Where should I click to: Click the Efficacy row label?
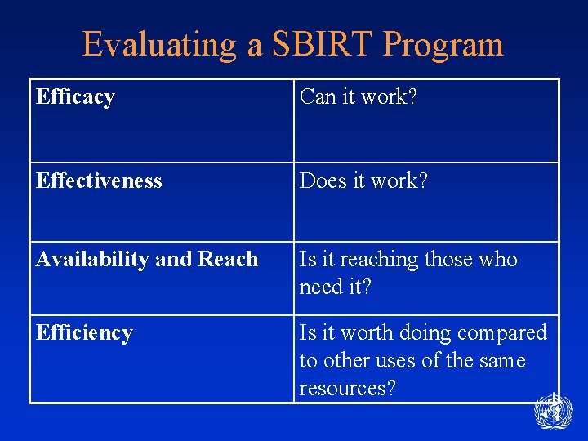(75, 97)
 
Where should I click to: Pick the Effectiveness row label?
(99, 180)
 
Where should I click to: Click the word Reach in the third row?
(227, 260)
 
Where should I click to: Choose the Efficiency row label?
(84, 333)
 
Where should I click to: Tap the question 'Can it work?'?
(359, 97)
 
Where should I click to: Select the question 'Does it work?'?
(363, 180)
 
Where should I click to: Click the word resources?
(347, 389)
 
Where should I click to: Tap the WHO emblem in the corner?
(553, 412)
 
